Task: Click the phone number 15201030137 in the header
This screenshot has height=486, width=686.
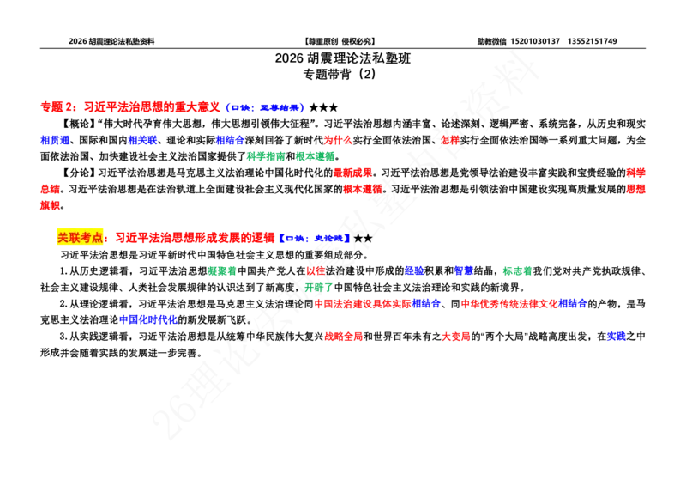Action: click(x=535, y=41)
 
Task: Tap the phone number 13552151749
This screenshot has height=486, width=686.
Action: click(x=593, y=41)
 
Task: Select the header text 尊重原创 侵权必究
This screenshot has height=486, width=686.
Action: click(x=340, y=41)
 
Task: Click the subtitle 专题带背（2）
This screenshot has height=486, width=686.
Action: click(x=340, y=74)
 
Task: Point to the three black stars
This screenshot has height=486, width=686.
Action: click(x=324, y=107)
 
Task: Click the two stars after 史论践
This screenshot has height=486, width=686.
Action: click(x=363, y=239)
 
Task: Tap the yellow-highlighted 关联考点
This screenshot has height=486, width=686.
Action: click(x=80, y=238)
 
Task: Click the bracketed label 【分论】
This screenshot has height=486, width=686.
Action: click(x=78, y=173)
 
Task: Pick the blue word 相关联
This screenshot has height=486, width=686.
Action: click(x=142, y=140)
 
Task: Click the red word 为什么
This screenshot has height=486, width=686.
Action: click(x=337, y=140)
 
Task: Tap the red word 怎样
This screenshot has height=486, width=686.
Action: click(x=449, y=140)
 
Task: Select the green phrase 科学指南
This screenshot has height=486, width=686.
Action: click(x=266, y=156)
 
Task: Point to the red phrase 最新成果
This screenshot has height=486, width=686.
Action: click(x=352, y=173)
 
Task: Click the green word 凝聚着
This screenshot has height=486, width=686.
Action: click(x=222, y=271)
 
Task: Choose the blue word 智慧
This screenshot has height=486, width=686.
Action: click(x=464, y=271)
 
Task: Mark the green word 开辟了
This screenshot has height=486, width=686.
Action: click(x=319, y=288)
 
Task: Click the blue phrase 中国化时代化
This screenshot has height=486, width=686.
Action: click(x=147, y=320)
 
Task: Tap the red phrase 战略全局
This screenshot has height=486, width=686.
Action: click(x=344, y=337)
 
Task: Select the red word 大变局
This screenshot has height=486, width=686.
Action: click(x=456, y=337)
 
